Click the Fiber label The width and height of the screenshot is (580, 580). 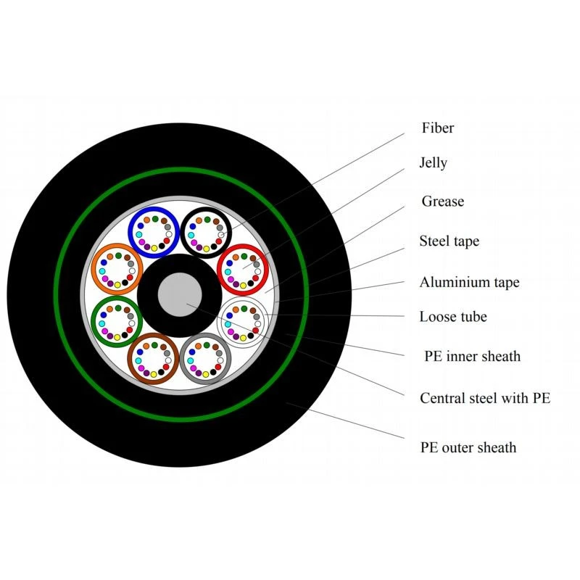point(438,128)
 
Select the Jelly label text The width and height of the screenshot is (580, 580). point(433,162)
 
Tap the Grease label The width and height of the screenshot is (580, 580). point(442,202)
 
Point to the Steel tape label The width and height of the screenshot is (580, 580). point(449,241)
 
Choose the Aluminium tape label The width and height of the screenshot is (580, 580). point(469,282)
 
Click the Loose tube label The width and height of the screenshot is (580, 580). point(452,317)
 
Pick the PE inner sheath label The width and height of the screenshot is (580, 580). point(472,356)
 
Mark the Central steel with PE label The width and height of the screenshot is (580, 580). point(485,398)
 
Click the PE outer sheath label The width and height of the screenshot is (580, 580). point(468,447)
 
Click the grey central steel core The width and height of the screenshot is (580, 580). point(180,295)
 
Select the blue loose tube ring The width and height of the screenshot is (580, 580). point(130,232)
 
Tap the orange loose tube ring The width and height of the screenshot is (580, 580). point(93,269)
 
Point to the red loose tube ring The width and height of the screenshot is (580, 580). point(219,270)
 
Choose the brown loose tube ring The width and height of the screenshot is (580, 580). point(130,358)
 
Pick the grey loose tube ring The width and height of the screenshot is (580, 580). point(182,358)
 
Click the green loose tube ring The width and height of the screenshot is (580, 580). point(93,321)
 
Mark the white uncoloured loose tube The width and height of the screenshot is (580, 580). point(219,322)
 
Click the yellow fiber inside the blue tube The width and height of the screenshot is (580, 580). point(154,248)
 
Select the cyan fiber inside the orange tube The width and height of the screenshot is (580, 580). point(102,271)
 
